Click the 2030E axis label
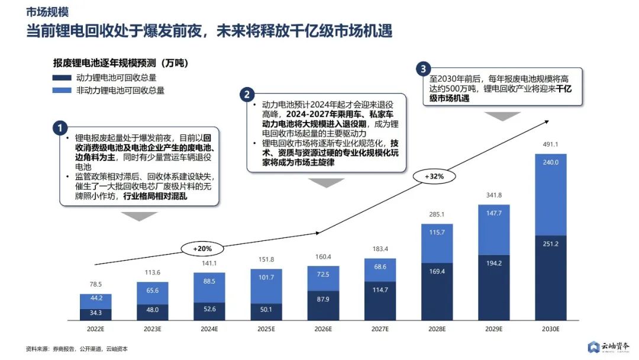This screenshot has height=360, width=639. [550, 329]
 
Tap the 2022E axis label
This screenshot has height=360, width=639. [95, 329]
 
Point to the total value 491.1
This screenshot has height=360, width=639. [550, 144]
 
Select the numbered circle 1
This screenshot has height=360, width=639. [60, 127]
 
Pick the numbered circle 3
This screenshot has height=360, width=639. [423, 69]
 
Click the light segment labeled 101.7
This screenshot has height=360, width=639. [266, 286]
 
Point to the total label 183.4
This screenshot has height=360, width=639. [379, 248]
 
